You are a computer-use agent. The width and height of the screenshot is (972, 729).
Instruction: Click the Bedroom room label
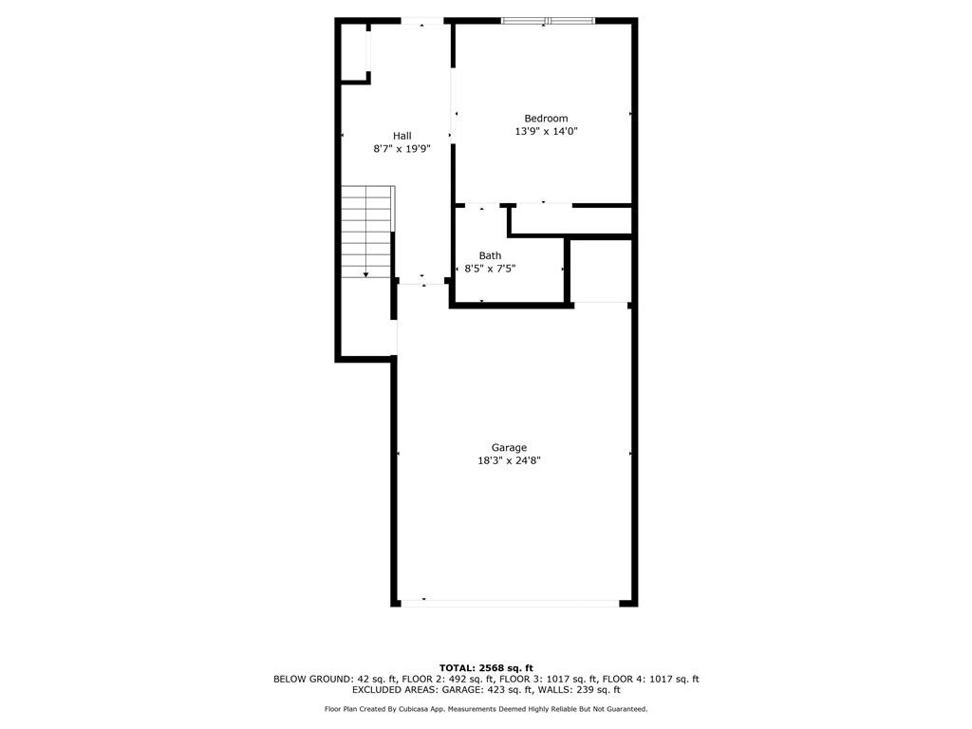tap(546, 119)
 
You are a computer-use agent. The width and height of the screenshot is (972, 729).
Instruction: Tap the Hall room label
tap(402, 136)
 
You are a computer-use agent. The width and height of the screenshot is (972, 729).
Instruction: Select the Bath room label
tap(490, 255)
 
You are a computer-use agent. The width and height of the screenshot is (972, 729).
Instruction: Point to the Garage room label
tap(509, 448)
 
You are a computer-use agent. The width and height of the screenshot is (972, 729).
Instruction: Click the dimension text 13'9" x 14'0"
tap(546, 131)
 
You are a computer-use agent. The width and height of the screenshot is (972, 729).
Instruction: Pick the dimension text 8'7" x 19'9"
tap(402, 149)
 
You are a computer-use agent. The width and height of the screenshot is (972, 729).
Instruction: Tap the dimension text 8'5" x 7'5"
tap(490, 269)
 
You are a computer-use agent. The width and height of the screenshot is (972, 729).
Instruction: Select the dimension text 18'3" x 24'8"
tap(509, 460)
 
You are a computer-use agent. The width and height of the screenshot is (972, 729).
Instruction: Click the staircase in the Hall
tap(367, 232)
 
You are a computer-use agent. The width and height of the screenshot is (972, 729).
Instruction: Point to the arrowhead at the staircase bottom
tap(365, 274)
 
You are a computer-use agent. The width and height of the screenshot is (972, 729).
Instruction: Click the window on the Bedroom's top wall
tap(548, 21)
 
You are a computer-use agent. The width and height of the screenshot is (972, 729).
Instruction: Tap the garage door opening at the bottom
tap(510, 601)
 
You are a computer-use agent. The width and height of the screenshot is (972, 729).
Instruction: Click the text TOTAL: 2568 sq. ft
tap(486, 667)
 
